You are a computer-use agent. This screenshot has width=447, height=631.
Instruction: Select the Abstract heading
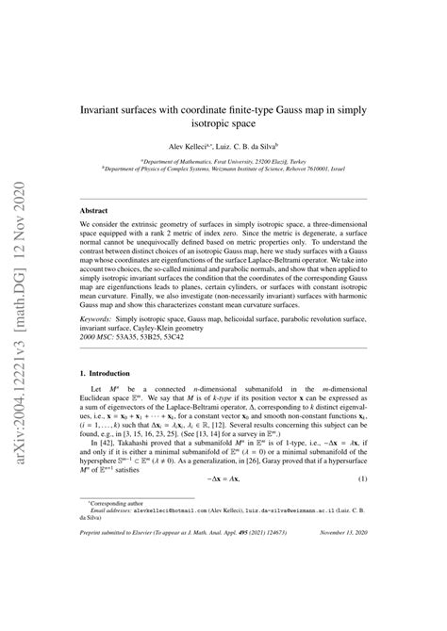pyautogui.click(x=93, y=212)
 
